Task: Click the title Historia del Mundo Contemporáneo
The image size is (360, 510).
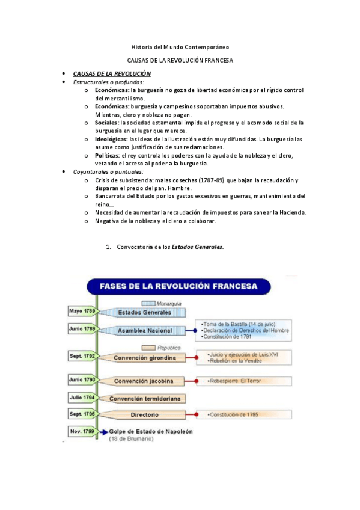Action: point(180,47)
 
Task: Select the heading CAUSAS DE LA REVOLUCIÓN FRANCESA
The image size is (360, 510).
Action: point(180,61)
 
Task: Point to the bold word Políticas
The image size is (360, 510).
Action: point(107,155)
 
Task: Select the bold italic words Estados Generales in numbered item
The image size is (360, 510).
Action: point(197,247)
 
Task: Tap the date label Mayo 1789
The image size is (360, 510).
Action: point(82,312)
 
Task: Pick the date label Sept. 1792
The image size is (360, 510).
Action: point(82,357)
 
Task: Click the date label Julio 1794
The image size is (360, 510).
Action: point(82,398)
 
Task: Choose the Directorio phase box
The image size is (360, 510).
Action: point(144,415)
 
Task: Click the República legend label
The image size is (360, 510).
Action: point(168,348)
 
